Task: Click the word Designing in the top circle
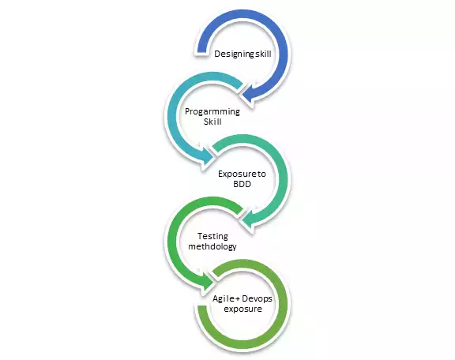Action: tap(235, 54)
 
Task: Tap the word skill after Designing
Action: tap(262, 54)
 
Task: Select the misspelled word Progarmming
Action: tap(212, 112)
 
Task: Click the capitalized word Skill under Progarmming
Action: tap(212, 122)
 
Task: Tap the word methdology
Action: tap(212, 246)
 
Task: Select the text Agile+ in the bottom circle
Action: tap(226, 298)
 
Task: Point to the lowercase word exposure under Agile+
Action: tap(243, 309)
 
